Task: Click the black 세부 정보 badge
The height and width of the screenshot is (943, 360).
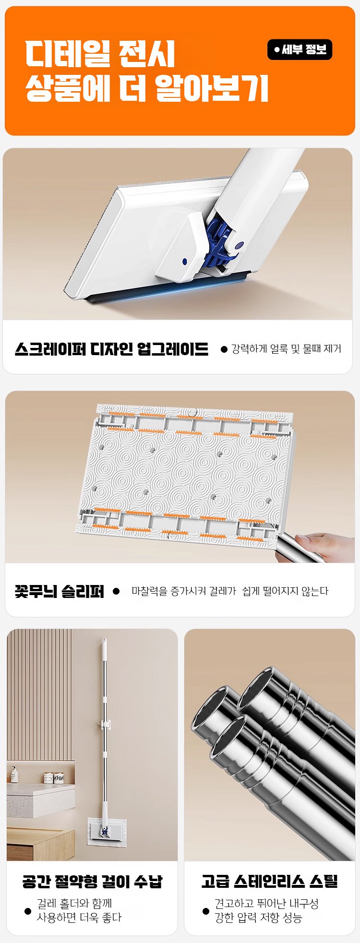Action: coord(300,49)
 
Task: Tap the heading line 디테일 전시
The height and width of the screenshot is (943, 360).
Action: coord(100,54)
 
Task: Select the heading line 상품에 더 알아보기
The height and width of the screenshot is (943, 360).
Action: coord(146,88)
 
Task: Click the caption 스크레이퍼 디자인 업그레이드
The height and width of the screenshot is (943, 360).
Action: coord(111,349)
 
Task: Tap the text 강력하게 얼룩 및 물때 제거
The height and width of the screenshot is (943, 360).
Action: coord(286,349)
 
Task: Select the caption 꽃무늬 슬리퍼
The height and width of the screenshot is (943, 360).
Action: coord(60,591)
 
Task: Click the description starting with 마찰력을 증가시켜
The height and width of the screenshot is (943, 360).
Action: coord(230,591)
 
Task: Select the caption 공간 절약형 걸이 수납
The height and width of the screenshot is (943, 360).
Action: coord(92,882)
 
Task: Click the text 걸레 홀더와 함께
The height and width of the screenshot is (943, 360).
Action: coord(74,904)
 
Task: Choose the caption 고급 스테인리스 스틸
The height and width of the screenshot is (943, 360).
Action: coord(270,882)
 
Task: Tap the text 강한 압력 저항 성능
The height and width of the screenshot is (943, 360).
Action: coord(258,918)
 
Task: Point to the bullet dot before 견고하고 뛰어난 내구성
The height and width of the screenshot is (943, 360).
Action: coord(206,911)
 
